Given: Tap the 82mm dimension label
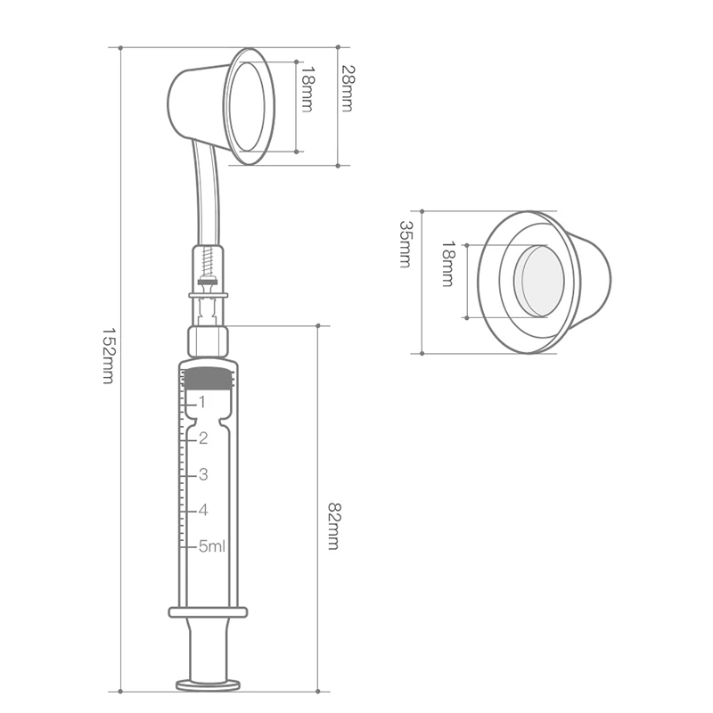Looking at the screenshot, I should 333,526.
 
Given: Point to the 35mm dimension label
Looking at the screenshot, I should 406,245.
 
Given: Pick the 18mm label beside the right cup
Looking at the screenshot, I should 447,264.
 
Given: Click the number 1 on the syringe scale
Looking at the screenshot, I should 201,402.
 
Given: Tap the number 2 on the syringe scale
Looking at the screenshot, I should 202,438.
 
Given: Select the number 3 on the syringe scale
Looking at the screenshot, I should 202,473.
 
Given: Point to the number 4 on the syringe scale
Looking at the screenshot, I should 202,510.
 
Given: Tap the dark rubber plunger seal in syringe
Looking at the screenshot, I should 209,376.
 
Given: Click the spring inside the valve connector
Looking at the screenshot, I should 208,262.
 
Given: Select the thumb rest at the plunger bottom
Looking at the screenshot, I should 209,684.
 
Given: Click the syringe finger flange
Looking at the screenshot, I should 209,611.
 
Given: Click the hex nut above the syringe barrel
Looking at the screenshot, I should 209,340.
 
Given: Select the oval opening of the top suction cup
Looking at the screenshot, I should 249,106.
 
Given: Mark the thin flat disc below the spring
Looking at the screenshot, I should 209,295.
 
